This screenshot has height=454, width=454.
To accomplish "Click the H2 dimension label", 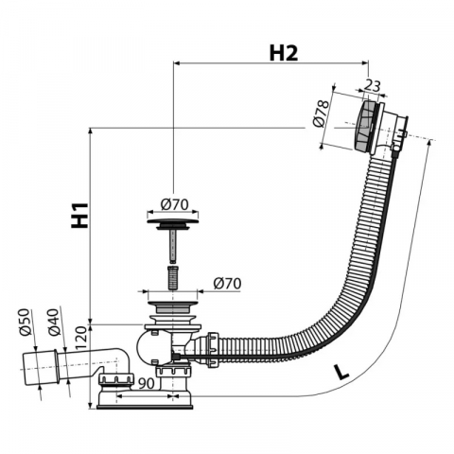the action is click(x=284, y=53).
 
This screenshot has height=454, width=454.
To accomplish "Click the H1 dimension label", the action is click(x=79, y=216).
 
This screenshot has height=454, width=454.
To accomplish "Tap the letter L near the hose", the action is click(x=341, y=373).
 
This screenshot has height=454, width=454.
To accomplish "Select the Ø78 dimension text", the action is click(x=321, y=113).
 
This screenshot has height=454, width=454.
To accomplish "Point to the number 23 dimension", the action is click(x=373, y=86).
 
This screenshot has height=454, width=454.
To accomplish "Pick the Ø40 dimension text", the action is click(x=53, y=322).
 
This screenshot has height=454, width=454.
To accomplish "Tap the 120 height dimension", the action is click(x=80, y=338).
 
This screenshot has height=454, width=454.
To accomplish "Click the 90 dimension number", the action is click(x=147, y=383).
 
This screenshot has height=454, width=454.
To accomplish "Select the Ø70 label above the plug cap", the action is click(x=174, y=204).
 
